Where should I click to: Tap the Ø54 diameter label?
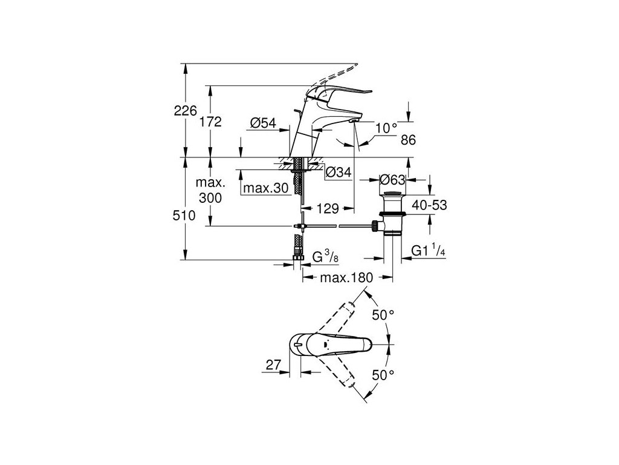click(x=263, y=123)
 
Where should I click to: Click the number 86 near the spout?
click(x=409, y=140)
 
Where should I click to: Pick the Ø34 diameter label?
click(x=338, y=173)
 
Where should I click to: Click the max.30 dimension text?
click(x=266, y=188)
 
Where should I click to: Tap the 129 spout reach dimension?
click(x=326, y=208)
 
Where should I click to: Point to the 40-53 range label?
click(x=429, y=205)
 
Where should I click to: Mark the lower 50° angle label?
click(x=383, y=375)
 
